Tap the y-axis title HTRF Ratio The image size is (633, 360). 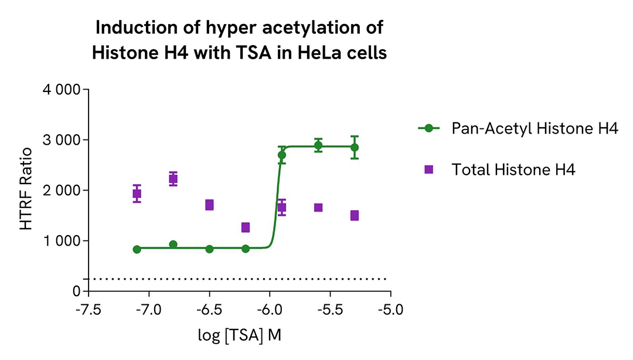click(26, 190)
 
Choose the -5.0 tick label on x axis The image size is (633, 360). click(391, 308)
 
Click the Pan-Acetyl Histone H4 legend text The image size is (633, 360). click(535, 128)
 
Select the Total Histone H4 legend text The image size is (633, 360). click(514, 169)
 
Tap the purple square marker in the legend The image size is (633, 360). click(428, 169)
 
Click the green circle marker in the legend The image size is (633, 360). click(428, 128)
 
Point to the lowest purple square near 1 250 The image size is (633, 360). click(246, 227)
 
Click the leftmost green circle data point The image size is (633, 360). click(137, 249)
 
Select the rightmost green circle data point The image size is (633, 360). click(355, 147)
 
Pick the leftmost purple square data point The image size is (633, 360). click(137, 193)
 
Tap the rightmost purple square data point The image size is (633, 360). click(355, 215)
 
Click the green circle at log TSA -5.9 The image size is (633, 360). click(282, 155)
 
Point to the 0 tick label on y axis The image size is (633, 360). click(76, 291)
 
